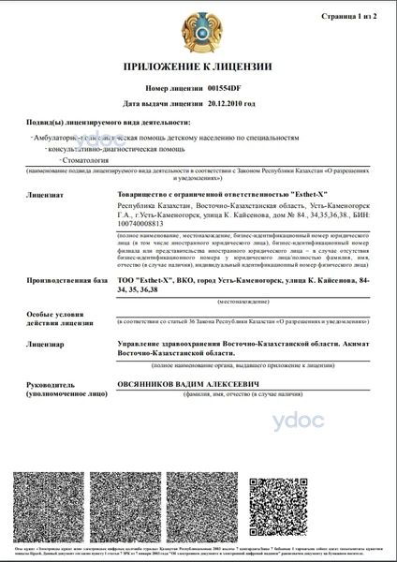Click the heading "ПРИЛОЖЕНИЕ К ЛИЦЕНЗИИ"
click(x=198, y=68)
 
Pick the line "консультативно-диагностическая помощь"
click(x=110, y=149)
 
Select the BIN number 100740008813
click(x=143, y=222)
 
